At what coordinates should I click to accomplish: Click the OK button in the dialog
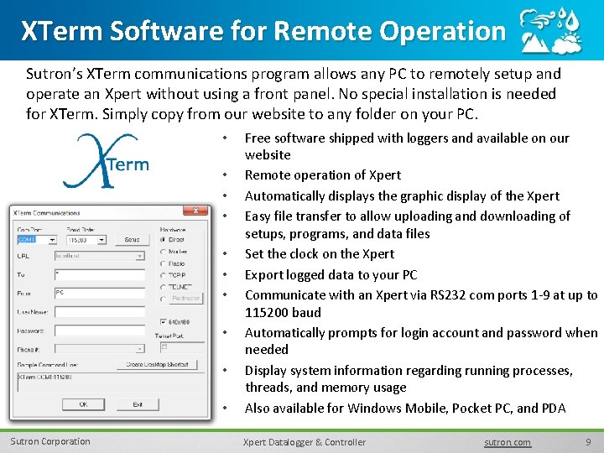(x=83, y=404)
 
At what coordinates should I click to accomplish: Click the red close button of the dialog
(x=195, y=211)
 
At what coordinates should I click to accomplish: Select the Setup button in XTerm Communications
(x=132, y=240)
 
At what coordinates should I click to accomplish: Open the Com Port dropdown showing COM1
(x=36, y=240)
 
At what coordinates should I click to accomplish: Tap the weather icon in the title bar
(x=550, y=31)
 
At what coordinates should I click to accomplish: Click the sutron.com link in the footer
(x=508, y=442)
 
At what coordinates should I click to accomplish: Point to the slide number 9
(x=588, y=442)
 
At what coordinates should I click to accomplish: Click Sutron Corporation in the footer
(x=49, y=441)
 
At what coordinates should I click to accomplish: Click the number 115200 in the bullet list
(x=268, y=312)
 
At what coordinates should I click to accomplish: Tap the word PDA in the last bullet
(x=554, y=408)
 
